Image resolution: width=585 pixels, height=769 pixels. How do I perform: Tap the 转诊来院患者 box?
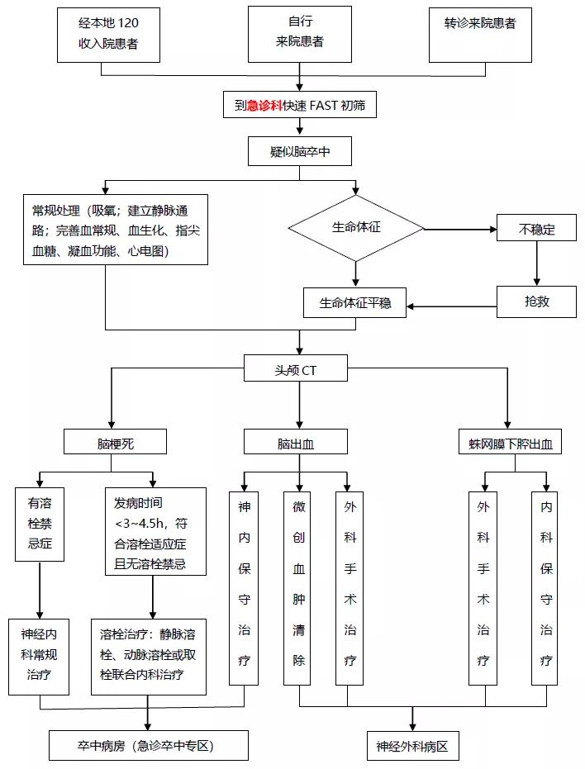coord(479,34)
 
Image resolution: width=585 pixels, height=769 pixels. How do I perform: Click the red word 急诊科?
coord(264,105)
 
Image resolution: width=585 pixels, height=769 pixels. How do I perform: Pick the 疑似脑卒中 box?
coord(299,152)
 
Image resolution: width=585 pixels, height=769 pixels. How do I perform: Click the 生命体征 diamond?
coord(356,227)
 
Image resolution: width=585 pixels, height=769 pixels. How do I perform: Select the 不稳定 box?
coord(536,230)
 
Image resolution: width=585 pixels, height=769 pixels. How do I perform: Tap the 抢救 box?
coord(536,301)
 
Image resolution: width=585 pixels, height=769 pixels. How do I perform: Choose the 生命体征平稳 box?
coord(355,303)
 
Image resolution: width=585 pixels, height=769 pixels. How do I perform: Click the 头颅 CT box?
coord(297,370)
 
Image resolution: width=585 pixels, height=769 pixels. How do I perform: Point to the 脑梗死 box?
coord(115,444)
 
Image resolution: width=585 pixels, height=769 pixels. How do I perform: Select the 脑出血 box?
coord(295,444)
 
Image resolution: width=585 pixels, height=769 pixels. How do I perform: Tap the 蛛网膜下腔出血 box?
coord(509,444)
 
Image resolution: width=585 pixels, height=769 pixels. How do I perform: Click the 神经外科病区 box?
coord(411,747)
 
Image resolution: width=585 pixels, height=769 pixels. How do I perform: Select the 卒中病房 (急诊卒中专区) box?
coord(149,746)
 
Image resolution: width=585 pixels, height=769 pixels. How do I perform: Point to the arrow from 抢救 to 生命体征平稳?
coord(450,307)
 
